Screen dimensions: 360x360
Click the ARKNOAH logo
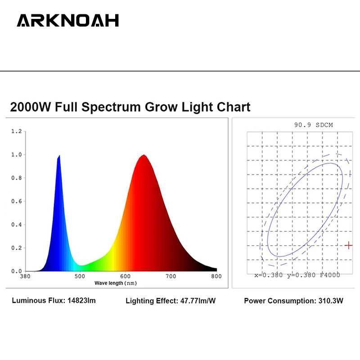click(x=68, y=21)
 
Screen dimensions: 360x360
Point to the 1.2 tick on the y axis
click(x=17, y=131)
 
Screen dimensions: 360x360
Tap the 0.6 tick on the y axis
click(x=17, y=201)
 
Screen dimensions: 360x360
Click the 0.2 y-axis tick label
click(x=17, y=248)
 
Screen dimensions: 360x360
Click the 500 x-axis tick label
click(x=80, y=276)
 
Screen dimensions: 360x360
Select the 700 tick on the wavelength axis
click(x=171, y=276)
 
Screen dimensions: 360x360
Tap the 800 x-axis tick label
click(x=216, y=276)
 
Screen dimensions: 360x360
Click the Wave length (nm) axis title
click(x=116, y=283)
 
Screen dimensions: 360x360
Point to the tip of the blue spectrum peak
click(x=59, y=156)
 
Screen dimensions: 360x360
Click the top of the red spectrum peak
click(x=144, y=155)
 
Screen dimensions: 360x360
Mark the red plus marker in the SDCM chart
click(x=349, y=245)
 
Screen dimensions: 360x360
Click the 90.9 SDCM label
click(x=313, y=125)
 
